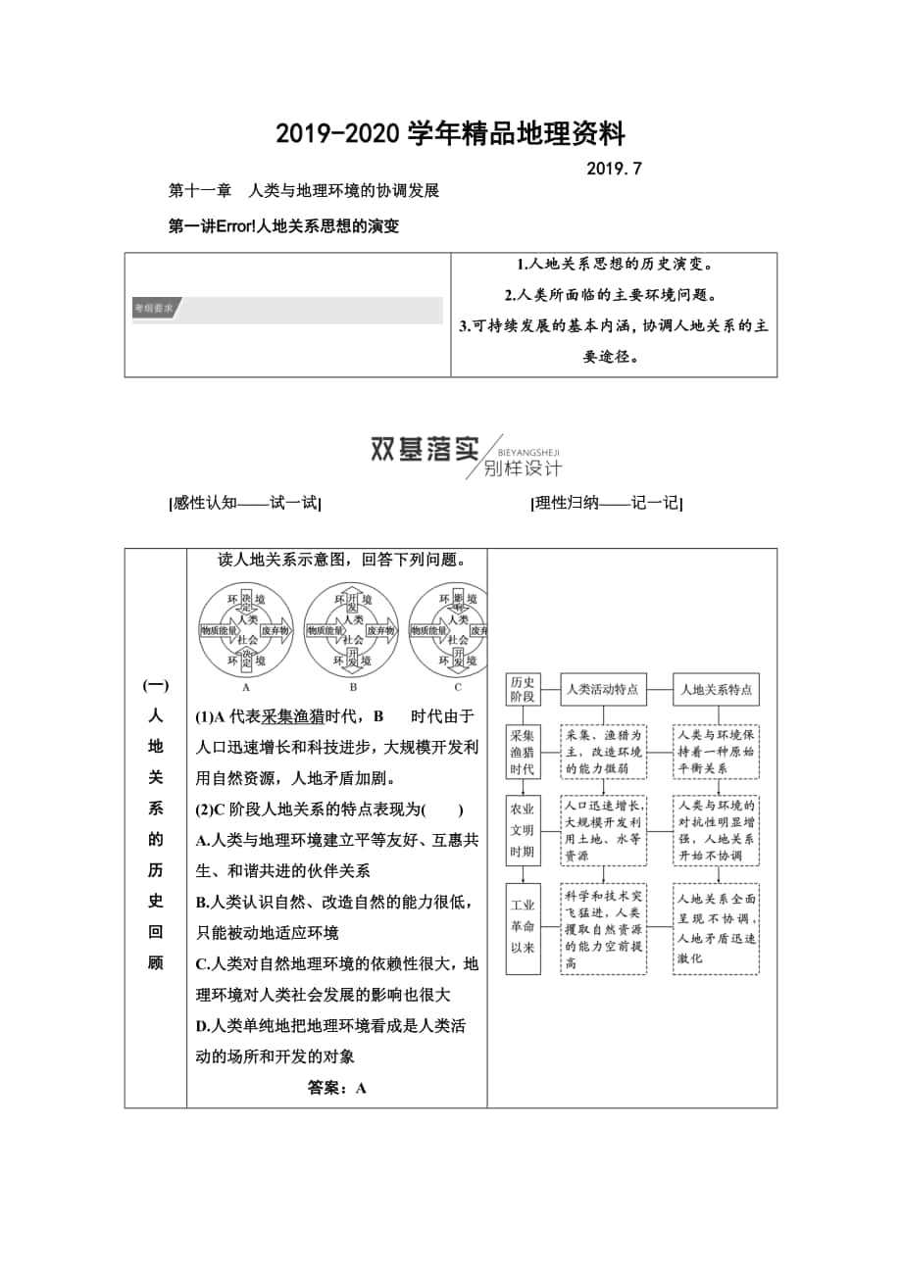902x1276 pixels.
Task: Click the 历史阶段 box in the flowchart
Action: [x=523, y=689]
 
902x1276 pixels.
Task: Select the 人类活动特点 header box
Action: [x=603, y=689]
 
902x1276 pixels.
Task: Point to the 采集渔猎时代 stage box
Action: [x=523, y=752]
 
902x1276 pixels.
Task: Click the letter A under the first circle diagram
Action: [x=245, y=687]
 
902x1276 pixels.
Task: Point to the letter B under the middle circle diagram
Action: [x=351, y=687]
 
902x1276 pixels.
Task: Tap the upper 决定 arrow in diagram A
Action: [x=246, y=601]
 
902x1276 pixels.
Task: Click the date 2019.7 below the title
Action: [x=614, y=168]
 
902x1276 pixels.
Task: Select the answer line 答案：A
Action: [x=336, y=1087]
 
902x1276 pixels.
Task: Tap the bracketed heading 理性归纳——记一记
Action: [x=606, y=503]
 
